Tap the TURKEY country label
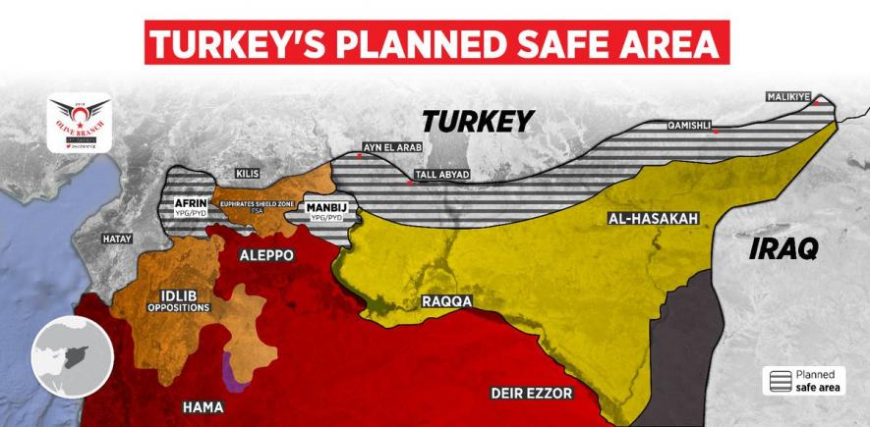pos(477,121)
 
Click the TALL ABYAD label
pos(442,175)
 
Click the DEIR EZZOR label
pos(531,394)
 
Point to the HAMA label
pos(203,406)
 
